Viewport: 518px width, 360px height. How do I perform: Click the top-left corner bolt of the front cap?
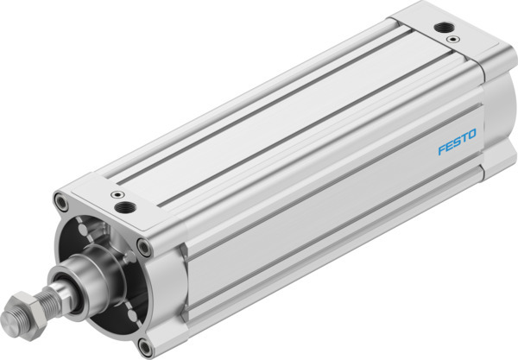[60, 204]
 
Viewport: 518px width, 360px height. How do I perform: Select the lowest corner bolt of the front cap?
[142, 348]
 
